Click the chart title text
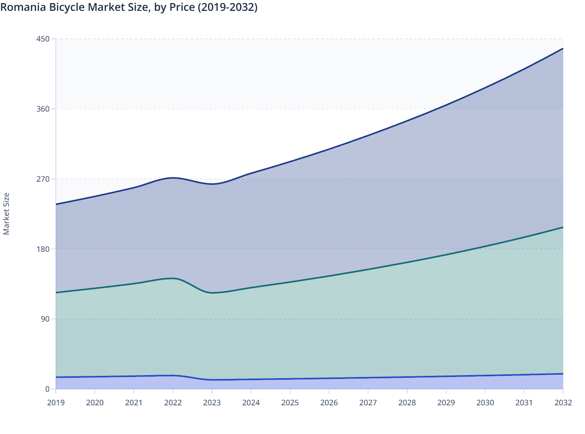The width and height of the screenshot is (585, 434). coord(129,7)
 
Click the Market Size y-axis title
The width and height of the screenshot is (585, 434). coord(6,214)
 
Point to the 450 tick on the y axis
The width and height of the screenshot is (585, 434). coord(43,39)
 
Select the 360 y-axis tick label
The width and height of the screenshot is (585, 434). coord(43,109)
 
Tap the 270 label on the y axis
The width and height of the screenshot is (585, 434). coord(43,179)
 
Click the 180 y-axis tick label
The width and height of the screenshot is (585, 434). coord(43,249)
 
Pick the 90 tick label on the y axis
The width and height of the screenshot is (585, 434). coord(45,319)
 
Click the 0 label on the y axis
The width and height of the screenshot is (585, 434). coord(47,389)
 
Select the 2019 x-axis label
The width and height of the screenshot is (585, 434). coord(56,403)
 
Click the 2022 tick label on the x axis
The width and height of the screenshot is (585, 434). coord(173,403)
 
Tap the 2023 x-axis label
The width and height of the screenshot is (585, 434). coord(212,403)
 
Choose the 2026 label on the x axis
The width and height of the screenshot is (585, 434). coord(329,403)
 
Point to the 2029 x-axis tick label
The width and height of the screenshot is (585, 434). coord(446,403)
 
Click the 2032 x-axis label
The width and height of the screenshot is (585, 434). coord(563,403)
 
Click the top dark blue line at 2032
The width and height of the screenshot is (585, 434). coord(562,49)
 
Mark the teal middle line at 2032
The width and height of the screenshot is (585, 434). coord(562,227)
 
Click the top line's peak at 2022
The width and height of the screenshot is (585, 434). coord(173,178)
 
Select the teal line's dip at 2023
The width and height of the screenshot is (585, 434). coord(212,293)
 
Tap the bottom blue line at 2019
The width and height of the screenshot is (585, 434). coord(57,377)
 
